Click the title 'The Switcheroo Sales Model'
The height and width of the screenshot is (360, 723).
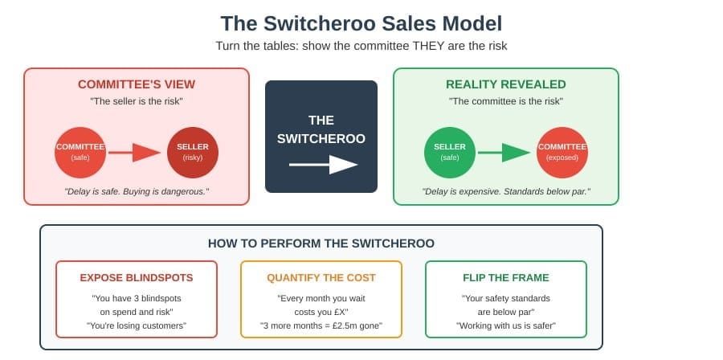click(361, 23)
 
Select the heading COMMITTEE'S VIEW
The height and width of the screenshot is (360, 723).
click(137, 84)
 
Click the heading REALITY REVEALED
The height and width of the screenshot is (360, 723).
click(506, 84)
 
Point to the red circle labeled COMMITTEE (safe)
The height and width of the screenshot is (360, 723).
click(80, 153)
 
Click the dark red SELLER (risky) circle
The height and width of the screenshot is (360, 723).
click(193, 153)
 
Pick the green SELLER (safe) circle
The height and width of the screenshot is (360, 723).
click(450, 153)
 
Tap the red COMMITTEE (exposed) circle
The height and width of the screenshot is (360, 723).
click(562, 153)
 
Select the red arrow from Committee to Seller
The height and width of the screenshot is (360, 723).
click(135, 153)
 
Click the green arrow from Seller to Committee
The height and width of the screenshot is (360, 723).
click(504, 153)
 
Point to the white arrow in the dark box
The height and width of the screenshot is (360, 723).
click(323, 165)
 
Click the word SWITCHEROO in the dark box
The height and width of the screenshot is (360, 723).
click(321, 139)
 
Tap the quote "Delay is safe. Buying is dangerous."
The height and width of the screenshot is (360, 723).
click(137, 190)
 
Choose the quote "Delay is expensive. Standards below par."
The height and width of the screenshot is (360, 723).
click(506, 190)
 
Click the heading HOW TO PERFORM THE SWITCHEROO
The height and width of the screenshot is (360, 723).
click(321, 243)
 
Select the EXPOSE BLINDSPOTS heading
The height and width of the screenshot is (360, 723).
click(137, 278)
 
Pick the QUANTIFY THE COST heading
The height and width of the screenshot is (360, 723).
click(321, 278)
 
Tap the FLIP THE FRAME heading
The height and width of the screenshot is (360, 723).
click(506, 278)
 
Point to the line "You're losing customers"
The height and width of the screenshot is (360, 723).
click(137, 326)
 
